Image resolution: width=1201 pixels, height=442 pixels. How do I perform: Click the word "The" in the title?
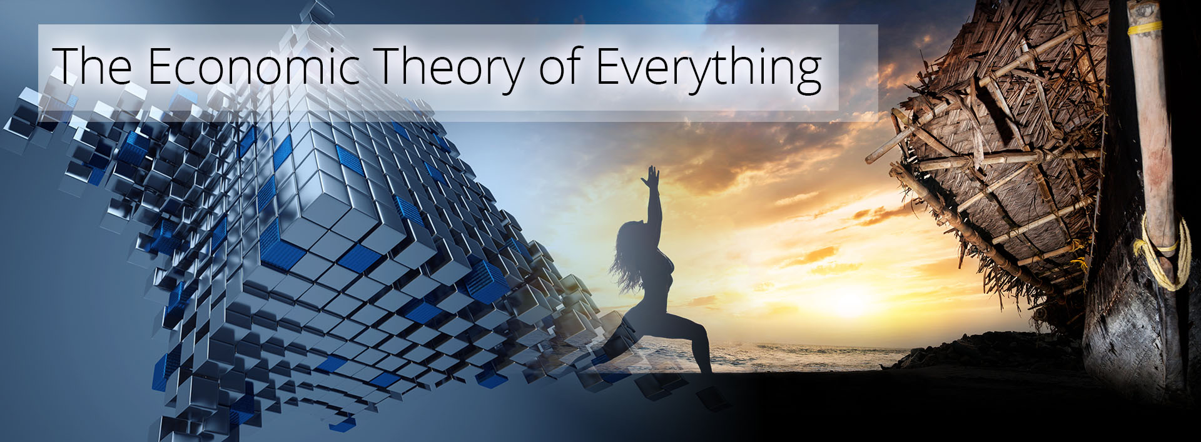(x=92, y=65)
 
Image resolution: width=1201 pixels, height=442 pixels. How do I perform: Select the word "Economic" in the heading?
(x=255, y=65)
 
